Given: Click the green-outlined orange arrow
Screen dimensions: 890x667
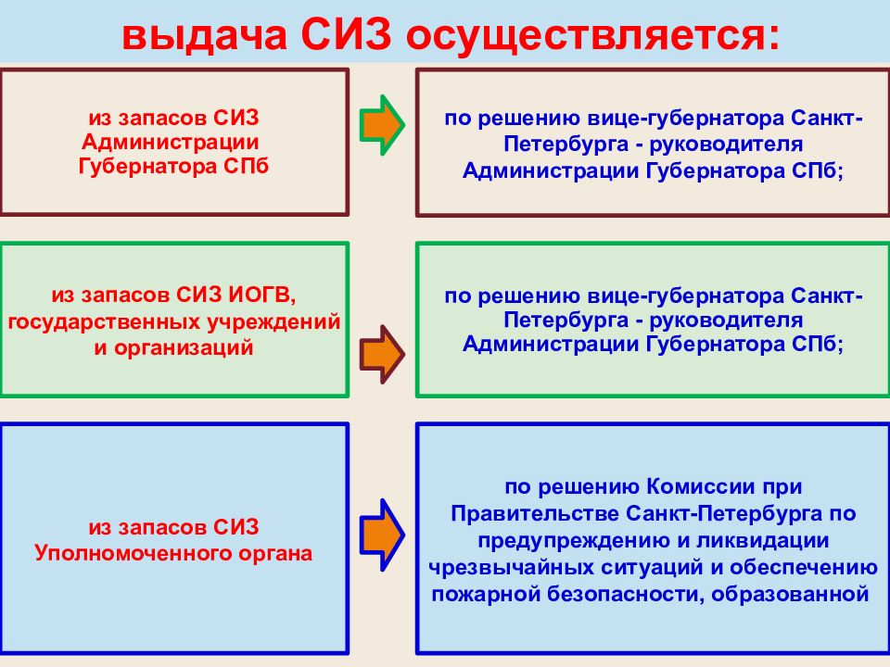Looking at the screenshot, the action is (x=382, y=125).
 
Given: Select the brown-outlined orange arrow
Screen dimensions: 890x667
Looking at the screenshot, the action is (x=382, y=355).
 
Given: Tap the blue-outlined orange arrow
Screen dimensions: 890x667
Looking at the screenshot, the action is (x=382, y=535).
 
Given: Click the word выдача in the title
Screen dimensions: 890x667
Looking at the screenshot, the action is (x=204, y=35).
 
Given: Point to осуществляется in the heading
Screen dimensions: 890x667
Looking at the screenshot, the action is (x=593, y=35).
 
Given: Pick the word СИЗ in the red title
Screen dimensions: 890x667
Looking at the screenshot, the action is (x=346, y=34).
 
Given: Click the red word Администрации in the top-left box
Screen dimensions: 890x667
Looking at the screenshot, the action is (x=171, y=143).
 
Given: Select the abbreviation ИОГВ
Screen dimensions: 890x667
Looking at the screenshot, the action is (x=262, y=295).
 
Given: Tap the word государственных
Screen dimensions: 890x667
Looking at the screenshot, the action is (x=104, y=322).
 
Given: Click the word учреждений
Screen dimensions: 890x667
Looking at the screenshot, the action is (x=273, y=322).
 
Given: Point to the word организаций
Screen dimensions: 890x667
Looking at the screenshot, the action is (x=184, y=347).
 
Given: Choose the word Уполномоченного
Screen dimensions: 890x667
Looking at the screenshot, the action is (x=133, y=553).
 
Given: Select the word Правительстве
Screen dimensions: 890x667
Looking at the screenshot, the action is (x=535, y=514).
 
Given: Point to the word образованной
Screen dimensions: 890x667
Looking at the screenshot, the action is (x=790, y=595).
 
